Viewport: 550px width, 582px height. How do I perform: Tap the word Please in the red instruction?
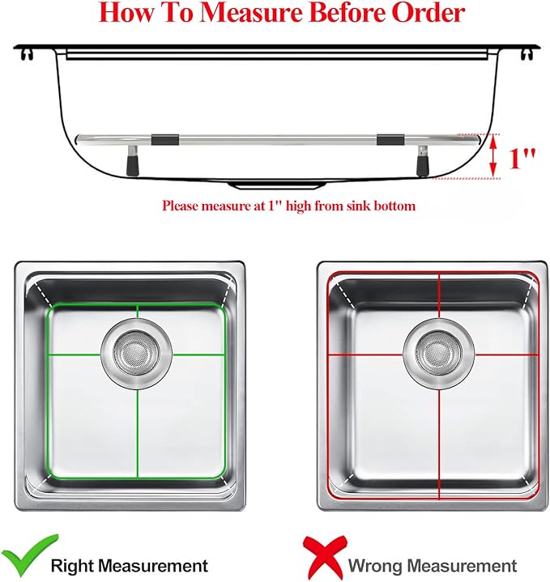182,206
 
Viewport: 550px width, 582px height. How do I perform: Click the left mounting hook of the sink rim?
29,54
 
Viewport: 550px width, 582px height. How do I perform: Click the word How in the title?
130,14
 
